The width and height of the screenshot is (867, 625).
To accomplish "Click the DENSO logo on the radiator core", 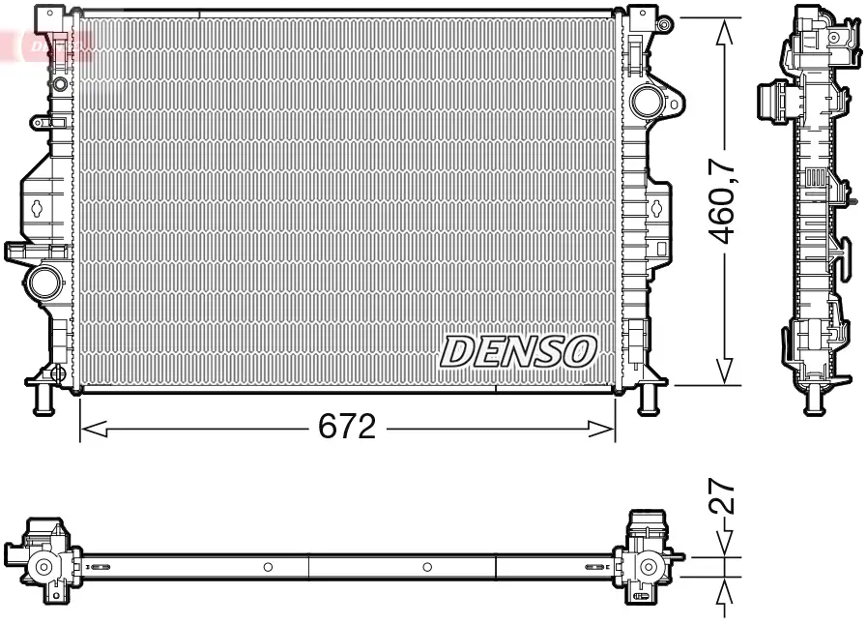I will click(x=518, y=352).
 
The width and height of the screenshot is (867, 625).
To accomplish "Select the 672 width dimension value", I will click(x=347, y=427).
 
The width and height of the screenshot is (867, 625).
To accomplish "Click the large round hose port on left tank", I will click(x=43, y=283).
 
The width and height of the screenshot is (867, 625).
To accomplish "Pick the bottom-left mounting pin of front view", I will click(x=42, y=398).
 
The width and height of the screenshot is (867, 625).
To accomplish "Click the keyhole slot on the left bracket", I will click(x=37, y=206).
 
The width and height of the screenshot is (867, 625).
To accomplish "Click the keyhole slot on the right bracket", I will click(x=657, y=205).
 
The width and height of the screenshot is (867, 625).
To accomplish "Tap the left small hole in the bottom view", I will click(x=268, y=567).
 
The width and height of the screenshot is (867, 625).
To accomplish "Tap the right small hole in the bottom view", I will click(x=427, y=567).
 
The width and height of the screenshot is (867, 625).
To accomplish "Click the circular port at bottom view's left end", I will click(x=43, y=567).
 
